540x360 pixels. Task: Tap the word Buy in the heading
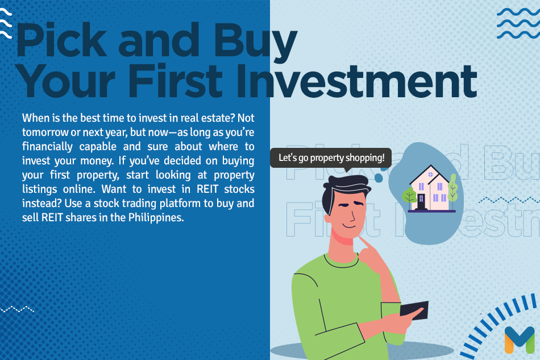255,43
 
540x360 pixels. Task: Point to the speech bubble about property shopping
331,158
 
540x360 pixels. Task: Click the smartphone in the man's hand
414,310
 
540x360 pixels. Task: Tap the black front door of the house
421,201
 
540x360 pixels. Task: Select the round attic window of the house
430,175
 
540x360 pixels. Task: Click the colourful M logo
520,340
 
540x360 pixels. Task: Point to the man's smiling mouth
348,226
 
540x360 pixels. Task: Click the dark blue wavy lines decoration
518,23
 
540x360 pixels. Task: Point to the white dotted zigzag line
17,309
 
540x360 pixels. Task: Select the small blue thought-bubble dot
379,178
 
